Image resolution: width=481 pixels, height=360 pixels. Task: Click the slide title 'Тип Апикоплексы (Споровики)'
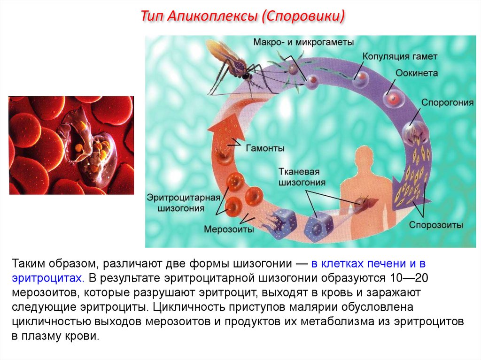[243, 17]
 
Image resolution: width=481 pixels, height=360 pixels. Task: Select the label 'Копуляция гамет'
[400, 56]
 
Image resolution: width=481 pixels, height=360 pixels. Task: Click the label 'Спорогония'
[444, 102]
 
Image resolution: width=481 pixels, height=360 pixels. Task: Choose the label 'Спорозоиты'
[436, 225]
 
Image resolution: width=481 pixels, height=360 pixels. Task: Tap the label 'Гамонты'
[264, 148]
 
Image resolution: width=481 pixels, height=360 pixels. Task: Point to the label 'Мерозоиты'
[229, 230]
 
